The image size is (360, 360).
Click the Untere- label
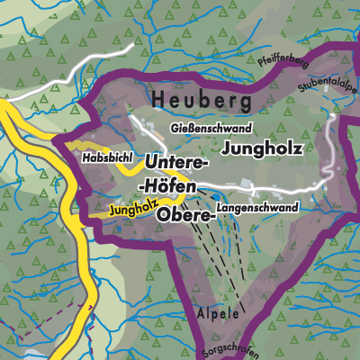tap(176, 164)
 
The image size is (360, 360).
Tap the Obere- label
tap(186, 216)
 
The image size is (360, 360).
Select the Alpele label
tap(217, 315)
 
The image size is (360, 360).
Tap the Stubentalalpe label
tap(330, 94)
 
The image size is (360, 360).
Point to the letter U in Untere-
tap(150, 164)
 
